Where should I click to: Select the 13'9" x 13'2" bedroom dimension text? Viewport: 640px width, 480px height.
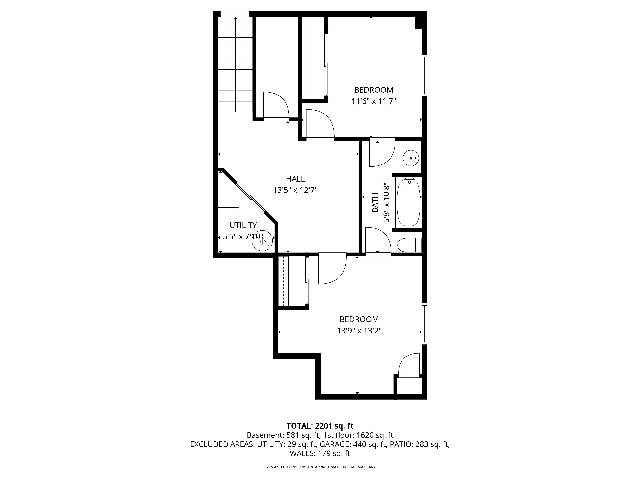(x=359, y=331)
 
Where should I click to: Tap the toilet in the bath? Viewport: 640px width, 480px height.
(x=408, y=245)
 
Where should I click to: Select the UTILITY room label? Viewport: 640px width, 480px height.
(x=243, y=225)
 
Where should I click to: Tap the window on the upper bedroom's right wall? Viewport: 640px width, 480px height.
(x=424, y=75)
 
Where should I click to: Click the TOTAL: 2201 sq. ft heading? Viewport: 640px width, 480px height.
(x=320, y=426)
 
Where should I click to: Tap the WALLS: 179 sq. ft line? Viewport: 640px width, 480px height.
(x=320, y=453)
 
